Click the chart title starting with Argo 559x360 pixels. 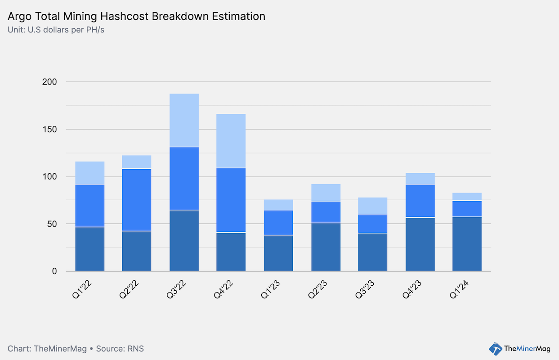coord(136,17)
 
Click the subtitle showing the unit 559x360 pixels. coord(57,30)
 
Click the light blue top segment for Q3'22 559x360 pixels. coord(184,120)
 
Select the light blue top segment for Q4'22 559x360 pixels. coord(231,141)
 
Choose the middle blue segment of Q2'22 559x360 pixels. coord(137,200)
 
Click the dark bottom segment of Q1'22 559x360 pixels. coord(90,249)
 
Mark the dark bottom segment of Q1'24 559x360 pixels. coord(467,244)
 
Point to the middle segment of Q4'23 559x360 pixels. coord(420,201)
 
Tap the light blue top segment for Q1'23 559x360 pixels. coord(278,205)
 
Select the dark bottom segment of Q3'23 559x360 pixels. coord(373,252)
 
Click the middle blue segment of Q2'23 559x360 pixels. coord(326,212)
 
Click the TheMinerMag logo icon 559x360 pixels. coord(495,348)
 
